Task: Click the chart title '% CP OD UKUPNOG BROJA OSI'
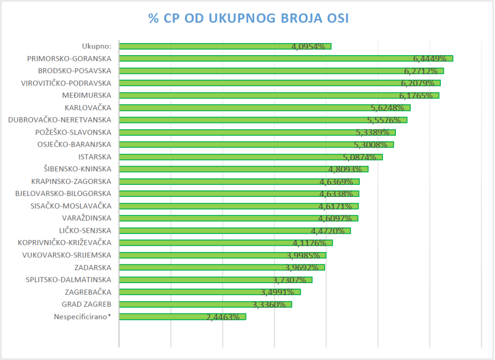click(x=248, y=18)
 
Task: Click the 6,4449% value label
click(x=429, y=59)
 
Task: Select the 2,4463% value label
click(x=223, y=317)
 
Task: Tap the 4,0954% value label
click(x=308, y=47)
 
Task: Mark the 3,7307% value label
click(x=289, y=280)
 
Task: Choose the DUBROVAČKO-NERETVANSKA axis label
click(x=59, y=120)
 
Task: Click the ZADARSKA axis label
click(x=93, y=267)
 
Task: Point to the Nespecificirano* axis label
click(x=83, y=316)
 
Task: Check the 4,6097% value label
click(x=335, y=219)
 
